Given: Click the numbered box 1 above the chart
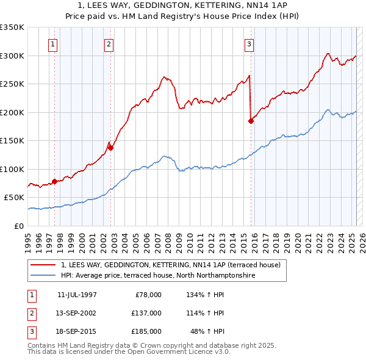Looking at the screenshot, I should pyautogui.click(x=54, y=44).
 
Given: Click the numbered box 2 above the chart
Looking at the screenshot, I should pyautogui.click(x=109, y=44).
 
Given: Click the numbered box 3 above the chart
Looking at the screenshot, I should pyautogui.click(x=249, y=44).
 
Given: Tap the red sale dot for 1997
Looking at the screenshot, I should pyautogui.click(x=54, y=181).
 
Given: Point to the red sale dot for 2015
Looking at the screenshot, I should pyautogui.click(x=251, y=121).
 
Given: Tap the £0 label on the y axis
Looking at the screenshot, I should pyautogui.click(x=19, y=226).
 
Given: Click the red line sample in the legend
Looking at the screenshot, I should pyautogui.click(x=43, y=265).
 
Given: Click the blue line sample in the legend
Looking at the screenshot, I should pyautogui.click(x=43, y=276).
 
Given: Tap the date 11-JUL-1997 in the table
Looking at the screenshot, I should pyautogui.click(x=77, y=295).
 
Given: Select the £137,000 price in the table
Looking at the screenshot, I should pyautogui.click(x=146, y=313).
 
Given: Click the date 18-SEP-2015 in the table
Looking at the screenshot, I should pyautogui.click(x=77, y=331).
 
